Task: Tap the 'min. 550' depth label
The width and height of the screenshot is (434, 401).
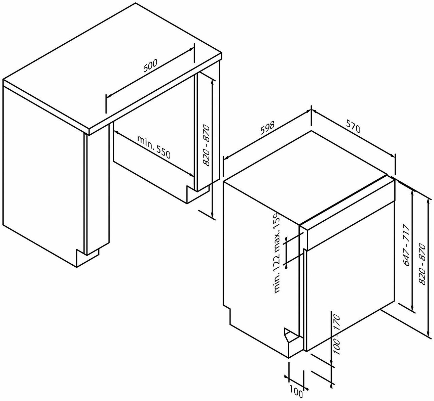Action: click(153, 147)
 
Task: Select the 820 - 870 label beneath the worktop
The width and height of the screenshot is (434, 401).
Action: click(206, 145)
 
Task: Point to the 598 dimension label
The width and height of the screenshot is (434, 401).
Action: click(267, 128)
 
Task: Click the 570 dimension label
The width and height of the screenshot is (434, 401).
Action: click(353, 129)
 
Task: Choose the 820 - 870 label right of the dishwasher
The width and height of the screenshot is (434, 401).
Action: click(423, 264)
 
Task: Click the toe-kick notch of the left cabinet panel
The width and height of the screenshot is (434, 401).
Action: click(87, 258)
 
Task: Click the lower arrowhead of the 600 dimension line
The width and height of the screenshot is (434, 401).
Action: click(109, 95)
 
